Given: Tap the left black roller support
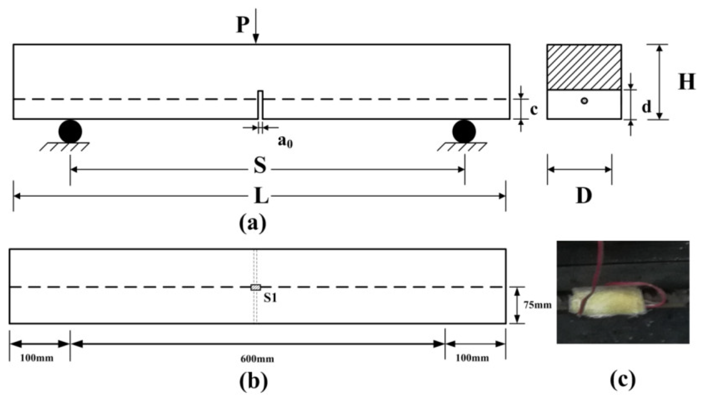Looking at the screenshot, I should click(x=70, y=131).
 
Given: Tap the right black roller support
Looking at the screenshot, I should click(x=464, y=131).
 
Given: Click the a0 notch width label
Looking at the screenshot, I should click(x=285, y=143).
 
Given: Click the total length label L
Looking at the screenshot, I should click(x=262, y=196).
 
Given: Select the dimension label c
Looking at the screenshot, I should click(x=533, y=110).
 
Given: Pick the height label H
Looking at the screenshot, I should click(x=686, y=82).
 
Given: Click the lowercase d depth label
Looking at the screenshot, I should click(x=646, y=107).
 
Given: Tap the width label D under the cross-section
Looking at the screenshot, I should click(x=584, y=196).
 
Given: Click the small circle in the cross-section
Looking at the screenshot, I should click(x=585, y=101).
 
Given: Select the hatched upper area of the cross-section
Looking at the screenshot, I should click(x=584, y=67).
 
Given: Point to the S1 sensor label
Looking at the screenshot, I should click(x=270, y=298).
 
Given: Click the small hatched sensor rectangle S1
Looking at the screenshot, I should click(x=256, y=287).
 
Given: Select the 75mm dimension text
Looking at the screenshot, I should click(x=537, y=305).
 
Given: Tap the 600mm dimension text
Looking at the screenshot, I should click(x=257, y=359).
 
